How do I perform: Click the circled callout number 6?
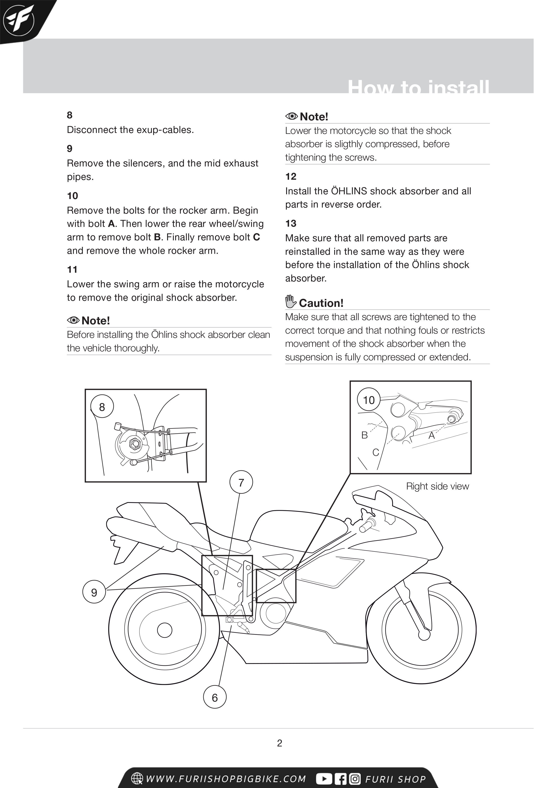[x=215, y=697]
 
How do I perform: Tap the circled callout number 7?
[x=241, y=482]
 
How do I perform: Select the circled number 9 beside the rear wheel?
[x=94, y=592]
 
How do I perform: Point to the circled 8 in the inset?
[x=102, y=407]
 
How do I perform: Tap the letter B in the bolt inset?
[x=365, y=435]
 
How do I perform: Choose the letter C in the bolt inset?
[x=376, y=452]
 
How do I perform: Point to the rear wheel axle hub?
[x=164, y=630]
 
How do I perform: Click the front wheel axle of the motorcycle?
[x=424, y=635]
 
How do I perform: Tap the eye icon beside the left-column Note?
[x=73, y=320]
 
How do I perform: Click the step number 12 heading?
[x=291, y=176]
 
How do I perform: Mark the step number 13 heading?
[x=291, y=224]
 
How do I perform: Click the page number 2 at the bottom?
[x=280, y=743]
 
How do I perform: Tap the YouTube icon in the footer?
[x=324, y=779]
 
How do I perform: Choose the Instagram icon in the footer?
[x=355, y=779]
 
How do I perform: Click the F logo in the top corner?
[x=19, y=20]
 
